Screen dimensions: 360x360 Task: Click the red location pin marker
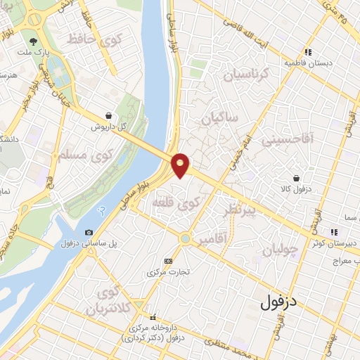181,165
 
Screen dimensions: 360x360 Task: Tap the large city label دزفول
280,303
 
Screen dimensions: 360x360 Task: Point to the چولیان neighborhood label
280,250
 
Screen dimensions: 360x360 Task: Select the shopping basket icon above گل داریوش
108,116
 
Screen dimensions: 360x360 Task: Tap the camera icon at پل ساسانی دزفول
89,232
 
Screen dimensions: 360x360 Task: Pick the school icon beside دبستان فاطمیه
307,51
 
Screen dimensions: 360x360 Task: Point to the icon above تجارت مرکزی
167,260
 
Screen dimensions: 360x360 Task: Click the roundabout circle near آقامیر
184,238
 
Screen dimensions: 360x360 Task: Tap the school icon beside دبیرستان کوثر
335,231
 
